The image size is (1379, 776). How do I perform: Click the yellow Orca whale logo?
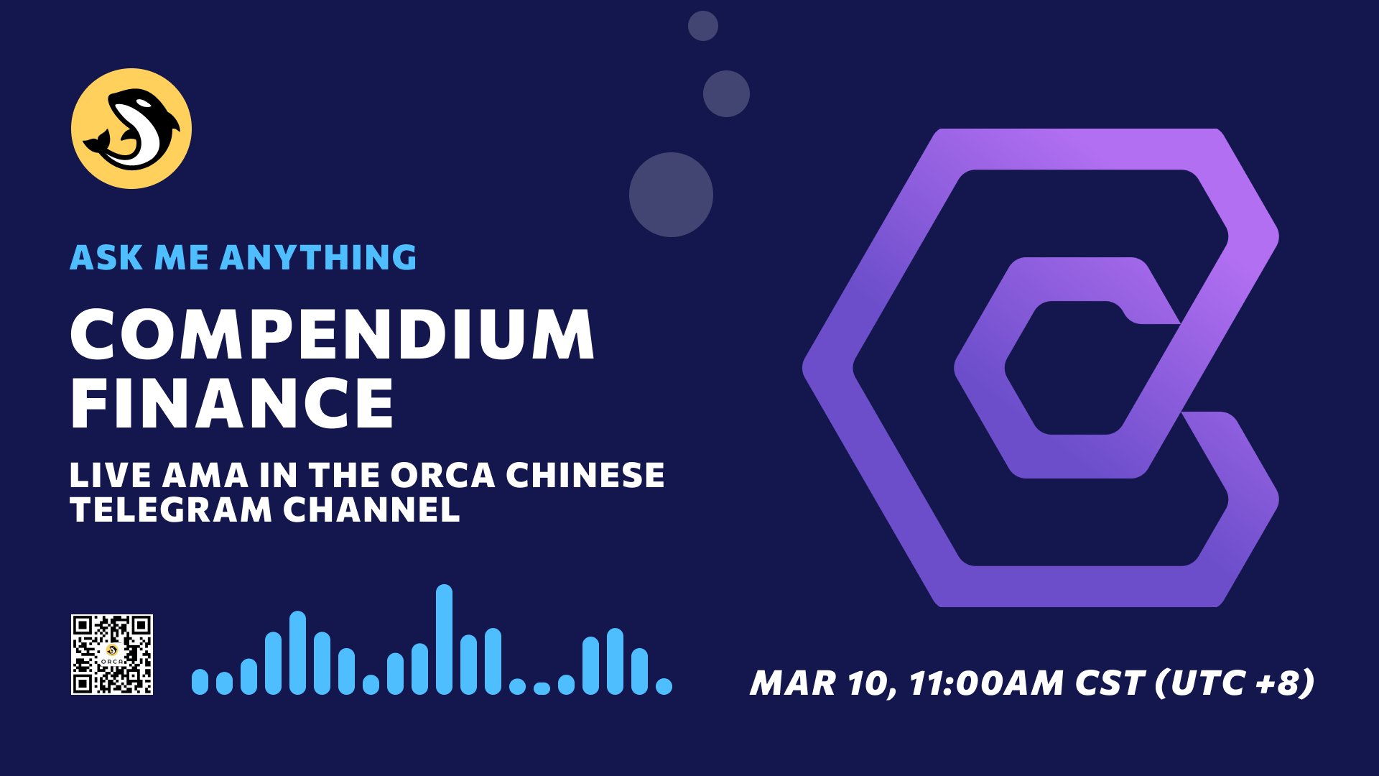[131, 129]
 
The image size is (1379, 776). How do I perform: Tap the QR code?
[112, 655]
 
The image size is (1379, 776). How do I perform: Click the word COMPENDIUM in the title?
[333, 334]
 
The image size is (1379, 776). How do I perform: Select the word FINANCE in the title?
[232, 402]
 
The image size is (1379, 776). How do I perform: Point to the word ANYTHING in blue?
[318, 257]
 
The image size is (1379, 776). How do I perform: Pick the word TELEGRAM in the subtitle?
[171, 510]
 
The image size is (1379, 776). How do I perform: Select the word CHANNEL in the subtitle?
[371, 510]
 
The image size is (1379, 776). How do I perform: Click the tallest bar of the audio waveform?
[444, 639]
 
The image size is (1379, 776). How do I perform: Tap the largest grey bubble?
[671, 195]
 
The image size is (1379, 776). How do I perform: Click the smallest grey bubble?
[703, 26]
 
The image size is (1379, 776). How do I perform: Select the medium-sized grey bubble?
[726, 93]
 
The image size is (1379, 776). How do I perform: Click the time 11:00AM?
[986, 683]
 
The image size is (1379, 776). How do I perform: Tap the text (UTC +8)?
[1235, 683]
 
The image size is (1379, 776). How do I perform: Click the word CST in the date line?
[1109, 683]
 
